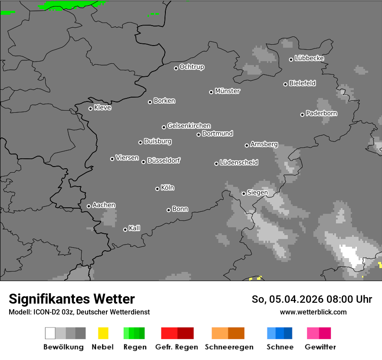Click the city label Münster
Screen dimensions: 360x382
coord(227,91)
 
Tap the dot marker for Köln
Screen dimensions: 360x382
coord(157,189)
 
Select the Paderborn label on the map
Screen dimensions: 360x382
coord(322,113)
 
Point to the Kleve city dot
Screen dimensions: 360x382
coord(90,108)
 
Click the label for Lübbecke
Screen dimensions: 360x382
coord(310,58)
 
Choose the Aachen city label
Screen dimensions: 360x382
coord(104,205)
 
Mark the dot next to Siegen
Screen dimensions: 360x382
coord(244,193)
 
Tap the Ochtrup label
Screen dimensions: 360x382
coord(192,67)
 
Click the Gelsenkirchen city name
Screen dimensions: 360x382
coord(189,126)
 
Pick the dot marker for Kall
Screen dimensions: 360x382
coord(125,229)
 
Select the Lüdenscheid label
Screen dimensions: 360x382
coord(239,163)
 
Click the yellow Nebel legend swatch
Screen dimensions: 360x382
coord(103,333)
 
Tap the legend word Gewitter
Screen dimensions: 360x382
coord(320,347)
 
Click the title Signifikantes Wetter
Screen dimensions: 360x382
coord(72,299)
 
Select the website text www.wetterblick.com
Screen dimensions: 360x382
coord(313,312)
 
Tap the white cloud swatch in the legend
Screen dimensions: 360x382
coord(50,333)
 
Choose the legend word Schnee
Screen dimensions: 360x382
coord(280,347)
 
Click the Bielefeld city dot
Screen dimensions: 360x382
coord(285,84)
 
